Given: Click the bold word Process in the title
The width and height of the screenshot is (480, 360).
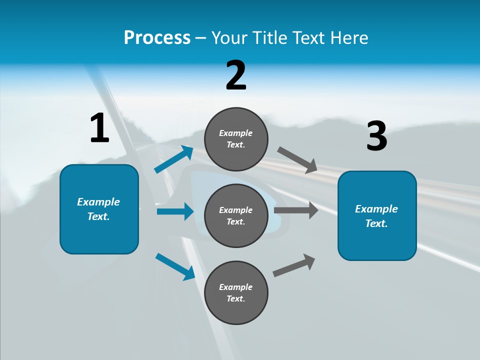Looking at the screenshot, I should pos(157,38).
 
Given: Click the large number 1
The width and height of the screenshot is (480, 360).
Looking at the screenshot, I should pos(99,128).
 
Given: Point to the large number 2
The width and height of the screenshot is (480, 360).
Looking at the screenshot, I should pos(236,75).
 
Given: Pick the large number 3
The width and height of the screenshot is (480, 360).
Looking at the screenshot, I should pos(376,136).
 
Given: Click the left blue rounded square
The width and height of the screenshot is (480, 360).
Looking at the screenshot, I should pos(99,209).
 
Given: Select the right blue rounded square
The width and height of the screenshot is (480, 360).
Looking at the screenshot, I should pos(377,215).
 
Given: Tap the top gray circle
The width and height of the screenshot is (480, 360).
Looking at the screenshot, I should pos(236,139).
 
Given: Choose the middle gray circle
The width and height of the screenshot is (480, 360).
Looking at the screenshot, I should pos(236,215).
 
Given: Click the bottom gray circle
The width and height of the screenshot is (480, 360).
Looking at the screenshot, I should pos(236,292).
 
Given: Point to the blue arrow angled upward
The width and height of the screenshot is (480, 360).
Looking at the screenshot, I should pos(174,159).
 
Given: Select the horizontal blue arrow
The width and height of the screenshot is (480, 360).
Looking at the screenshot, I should pos(175,211).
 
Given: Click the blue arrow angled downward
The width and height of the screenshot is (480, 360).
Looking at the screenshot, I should pos(175,266).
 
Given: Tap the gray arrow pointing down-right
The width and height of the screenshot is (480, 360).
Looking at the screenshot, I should pos(297,160).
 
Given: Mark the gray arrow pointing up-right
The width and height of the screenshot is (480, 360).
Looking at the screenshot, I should pos(294,265).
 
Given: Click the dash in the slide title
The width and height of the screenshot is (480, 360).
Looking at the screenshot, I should pos(201,38).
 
